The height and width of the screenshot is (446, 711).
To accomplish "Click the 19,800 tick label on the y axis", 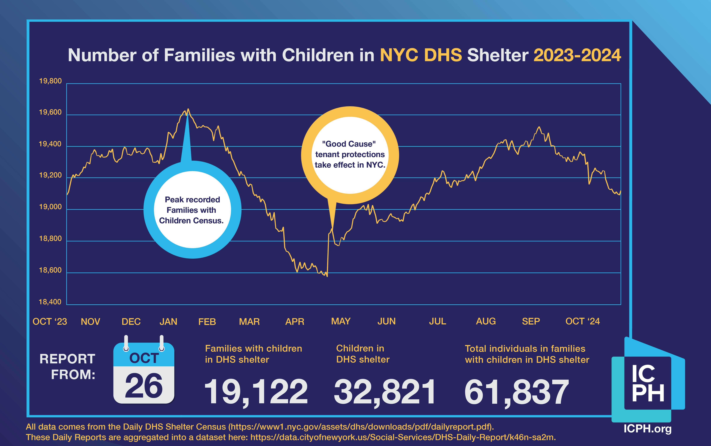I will point(50,81).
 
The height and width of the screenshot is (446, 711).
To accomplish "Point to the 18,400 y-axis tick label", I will point(50,302).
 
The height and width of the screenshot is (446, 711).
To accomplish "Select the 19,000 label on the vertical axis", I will point(50,207).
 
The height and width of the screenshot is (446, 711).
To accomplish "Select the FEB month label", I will point(207,322).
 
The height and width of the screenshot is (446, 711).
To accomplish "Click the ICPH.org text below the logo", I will point(647,429).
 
